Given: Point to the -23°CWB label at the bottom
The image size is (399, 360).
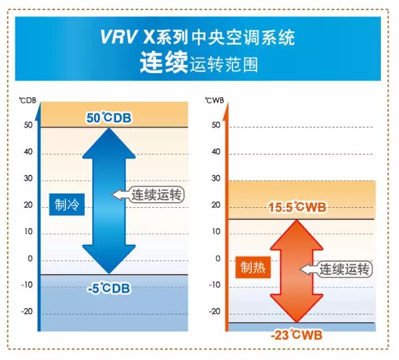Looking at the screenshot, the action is [296, 335].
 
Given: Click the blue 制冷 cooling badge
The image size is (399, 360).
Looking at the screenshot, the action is [67, 205].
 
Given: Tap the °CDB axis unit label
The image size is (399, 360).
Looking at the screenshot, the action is [27, 99].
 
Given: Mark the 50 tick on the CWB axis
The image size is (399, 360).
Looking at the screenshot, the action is [216, 125].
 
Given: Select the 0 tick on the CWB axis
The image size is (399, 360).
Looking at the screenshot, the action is [218, 258].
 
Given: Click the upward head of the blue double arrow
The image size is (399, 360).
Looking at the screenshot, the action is [109, 143].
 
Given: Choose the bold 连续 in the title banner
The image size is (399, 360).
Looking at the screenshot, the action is [163, 64].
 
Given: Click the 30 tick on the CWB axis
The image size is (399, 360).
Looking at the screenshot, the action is [216, 178].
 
